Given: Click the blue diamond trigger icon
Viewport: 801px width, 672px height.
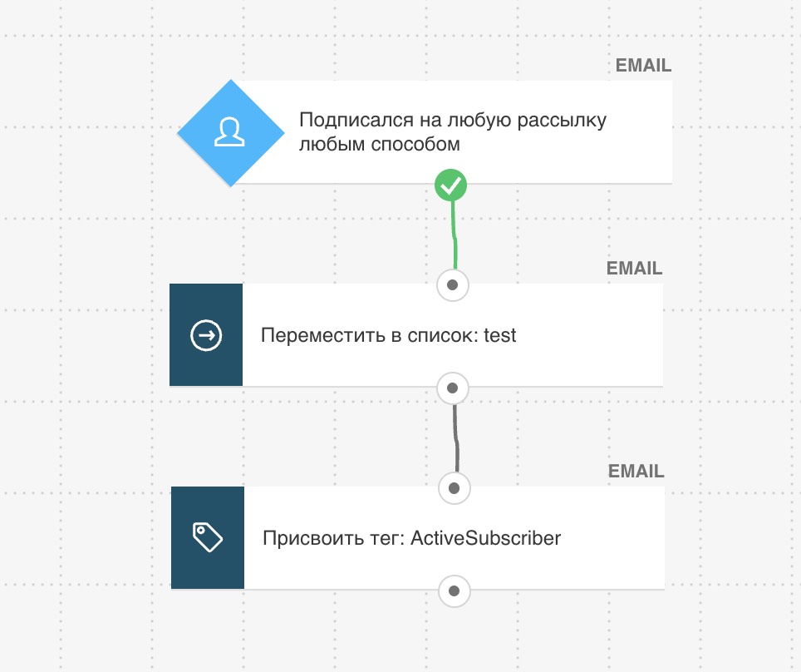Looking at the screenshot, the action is (230, 133).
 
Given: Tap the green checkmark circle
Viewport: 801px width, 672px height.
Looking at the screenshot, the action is (450, 185).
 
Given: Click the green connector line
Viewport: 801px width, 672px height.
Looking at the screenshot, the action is (454, 235).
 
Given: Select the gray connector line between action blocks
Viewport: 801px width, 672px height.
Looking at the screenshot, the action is (455, 437).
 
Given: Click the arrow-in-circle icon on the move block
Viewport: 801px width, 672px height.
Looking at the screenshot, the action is (206, 335).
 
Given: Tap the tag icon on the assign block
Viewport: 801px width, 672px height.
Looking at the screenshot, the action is (208, 537).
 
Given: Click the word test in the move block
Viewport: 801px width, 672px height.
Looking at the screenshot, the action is (499, 335).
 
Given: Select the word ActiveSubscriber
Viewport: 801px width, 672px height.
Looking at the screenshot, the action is (485, 538).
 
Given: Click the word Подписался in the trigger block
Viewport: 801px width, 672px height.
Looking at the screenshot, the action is (356, 121).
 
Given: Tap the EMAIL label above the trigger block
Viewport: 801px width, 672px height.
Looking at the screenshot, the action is (643, 66).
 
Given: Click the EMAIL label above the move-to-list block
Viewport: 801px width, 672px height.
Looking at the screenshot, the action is (634, 268).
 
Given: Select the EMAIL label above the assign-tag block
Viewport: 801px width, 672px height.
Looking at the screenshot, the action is (636, 471).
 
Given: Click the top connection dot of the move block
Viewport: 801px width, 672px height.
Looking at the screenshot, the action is (452, 285).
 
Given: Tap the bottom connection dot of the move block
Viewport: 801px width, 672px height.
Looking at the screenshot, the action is (452, 388).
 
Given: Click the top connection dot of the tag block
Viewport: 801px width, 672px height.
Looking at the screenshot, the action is (454, 488).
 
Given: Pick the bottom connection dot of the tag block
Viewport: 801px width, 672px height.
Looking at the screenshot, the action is (454, 591).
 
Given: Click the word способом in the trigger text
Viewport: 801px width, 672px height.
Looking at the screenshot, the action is (415, 144).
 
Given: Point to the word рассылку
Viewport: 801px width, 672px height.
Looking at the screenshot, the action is (562, 121).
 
